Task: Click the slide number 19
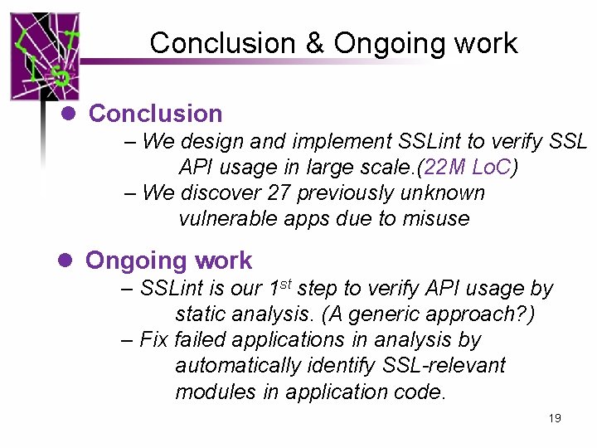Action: (555, 418)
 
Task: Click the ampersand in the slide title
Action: (315, 43)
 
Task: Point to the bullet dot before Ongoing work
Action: (68, 260)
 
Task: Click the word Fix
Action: (155, 339)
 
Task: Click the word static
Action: (201, 314)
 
